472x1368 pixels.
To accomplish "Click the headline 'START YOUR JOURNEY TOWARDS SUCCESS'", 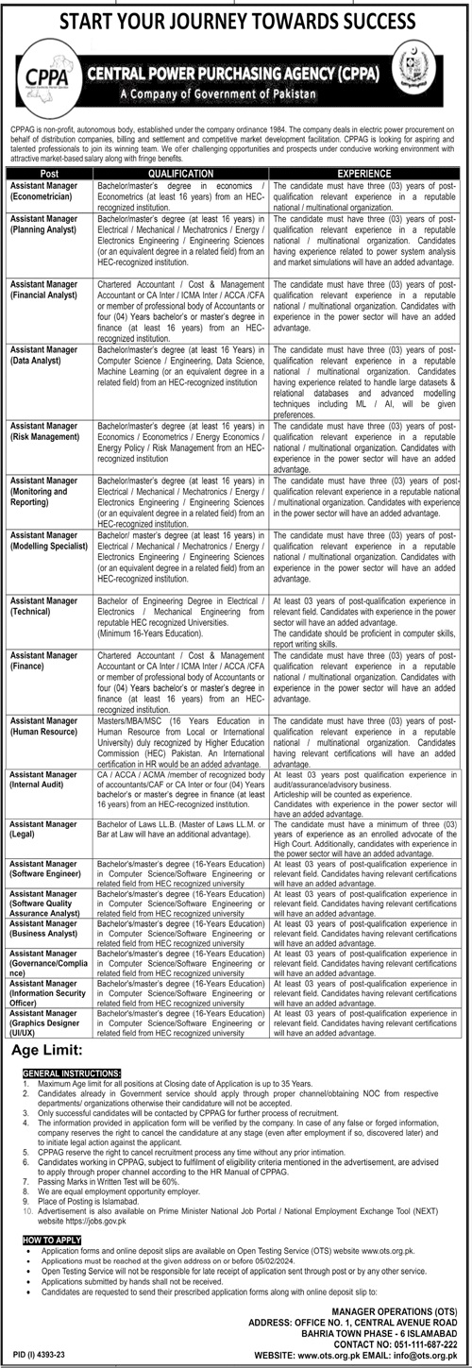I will pyautogui.click(x=236, y=18).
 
